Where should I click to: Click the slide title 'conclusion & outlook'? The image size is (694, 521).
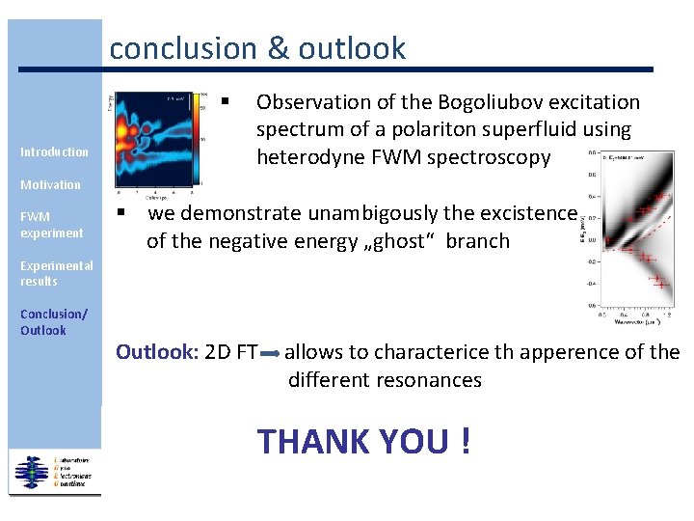coord(257,48)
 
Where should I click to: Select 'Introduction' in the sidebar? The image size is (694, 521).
coord(54,151)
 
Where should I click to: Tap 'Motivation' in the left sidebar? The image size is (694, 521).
coord(51,184)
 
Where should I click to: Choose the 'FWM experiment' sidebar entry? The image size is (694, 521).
coord(52,225)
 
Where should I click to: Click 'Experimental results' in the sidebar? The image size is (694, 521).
coord(57,273)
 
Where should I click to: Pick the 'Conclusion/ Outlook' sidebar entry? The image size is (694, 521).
coord(53,322)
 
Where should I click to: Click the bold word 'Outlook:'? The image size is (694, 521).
coord(157,352)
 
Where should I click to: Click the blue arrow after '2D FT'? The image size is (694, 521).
coord(270,354)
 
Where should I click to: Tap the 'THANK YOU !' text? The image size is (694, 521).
coord(364,441)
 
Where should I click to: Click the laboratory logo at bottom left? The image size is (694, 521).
coord(53,472)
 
